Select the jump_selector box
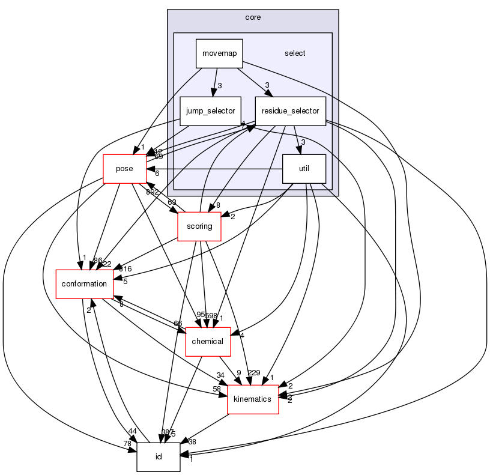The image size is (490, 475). click(x=211, y=111)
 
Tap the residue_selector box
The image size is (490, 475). click(x=291, y=111)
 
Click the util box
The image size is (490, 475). click(x=304, y=169)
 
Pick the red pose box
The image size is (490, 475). click(x=124, y=169)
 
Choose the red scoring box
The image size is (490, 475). click(x=199, y=226)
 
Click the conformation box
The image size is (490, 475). click(x=85, y=284)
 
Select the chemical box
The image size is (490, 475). click(x=207, y=342)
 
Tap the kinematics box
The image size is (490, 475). click(x=253, y=399)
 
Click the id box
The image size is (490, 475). click(x=159, y=457)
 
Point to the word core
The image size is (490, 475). click(x=253, y=17)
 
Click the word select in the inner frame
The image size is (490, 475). click(x=295, y=53)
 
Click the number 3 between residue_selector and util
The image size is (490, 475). click(x=304, y=142)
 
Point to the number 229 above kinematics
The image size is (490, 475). click(x=255, y=373)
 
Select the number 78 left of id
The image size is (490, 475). click(x=127, y=443)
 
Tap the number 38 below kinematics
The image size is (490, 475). click(x=192, y=441)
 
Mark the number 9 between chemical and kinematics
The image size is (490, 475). click(x=239, y=373)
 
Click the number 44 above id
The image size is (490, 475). click(x=132, y=432)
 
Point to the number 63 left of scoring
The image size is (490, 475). click(x=172, y=202)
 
